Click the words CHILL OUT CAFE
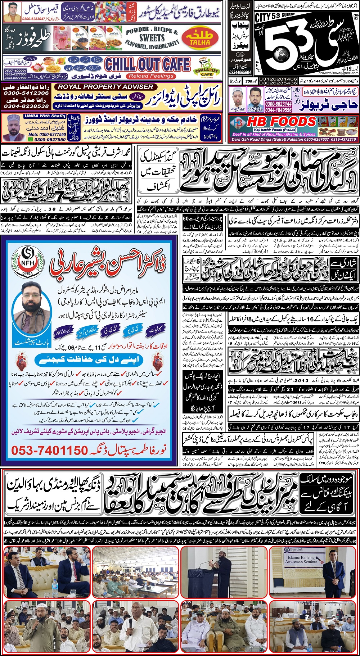tap(147, 64)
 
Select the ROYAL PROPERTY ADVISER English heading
tap(105, 87)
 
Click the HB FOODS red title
tap(281, 121)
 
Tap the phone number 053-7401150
tap(49, 450)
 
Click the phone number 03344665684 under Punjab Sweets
tap(240, 72)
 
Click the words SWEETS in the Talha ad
tap(152, 38)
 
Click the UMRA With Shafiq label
tap(45, 116)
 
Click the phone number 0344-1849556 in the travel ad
tap(278, 110)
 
